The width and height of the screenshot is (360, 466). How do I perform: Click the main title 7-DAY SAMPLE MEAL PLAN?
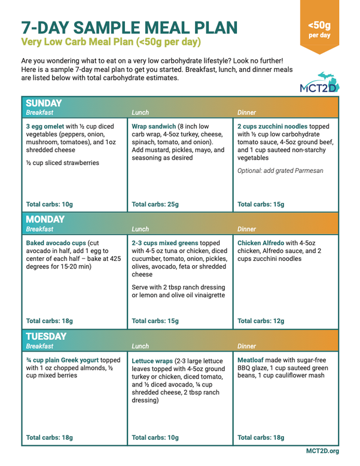[129, 27]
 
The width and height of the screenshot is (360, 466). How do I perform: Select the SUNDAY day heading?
[45, 102]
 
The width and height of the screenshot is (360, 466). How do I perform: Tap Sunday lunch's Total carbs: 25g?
[155, 204]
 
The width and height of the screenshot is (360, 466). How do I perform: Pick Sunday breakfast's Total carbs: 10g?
[50, 204]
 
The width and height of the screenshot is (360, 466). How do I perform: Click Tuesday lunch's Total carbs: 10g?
[155, 437]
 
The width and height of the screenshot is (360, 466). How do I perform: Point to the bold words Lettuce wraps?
[153, 361]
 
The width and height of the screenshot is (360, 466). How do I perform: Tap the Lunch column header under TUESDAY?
[140, 346]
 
